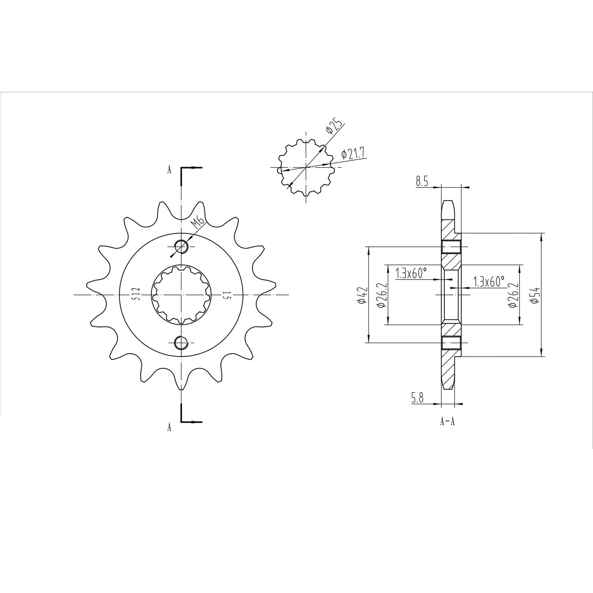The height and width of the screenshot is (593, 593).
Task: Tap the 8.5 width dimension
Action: [422, 182]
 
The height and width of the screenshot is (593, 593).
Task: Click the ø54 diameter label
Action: [534, 295]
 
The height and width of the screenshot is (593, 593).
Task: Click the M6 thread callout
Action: [198, 223]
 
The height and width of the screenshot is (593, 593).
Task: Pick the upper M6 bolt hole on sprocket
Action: [182, 246]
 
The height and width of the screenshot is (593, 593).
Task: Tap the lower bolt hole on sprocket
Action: [182, 343]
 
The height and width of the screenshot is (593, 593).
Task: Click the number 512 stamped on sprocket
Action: [136, 294]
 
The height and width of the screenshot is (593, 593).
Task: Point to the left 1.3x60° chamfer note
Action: [411, 273]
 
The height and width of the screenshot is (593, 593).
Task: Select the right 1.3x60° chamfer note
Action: [489, 282]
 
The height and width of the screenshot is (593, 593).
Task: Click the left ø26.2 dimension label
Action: [381, 295]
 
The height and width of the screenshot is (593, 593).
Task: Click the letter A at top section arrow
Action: [169, 170]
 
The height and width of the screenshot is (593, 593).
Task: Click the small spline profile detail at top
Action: [305, 167]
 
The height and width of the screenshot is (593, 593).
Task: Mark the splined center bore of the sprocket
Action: [181, 295]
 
